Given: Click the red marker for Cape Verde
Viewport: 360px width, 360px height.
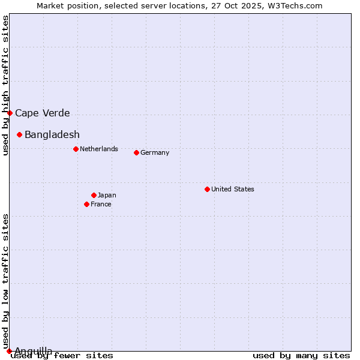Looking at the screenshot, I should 10,113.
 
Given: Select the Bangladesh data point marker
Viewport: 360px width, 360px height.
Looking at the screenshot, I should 19,134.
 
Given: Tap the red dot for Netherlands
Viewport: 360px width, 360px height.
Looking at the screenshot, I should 76,149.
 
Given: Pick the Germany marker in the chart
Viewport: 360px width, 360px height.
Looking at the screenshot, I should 136,152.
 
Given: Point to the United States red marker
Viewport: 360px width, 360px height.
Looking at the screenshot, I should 207,189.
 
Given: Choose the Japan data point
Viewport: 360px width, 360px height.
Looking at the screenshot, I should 94,195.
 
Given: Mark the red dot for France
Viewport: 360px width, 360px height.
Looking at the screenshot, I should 86,204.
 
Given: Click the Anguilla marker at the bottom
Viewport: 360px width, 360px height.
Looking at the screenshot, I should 9,351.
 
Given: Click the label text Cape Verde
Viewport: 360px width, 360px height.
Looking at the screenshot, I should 43,113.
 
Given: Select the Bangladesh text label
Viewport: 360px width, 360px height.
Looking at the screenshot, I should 52,134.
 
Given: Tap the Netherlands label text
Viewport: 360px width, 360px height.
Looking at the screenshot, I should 99,149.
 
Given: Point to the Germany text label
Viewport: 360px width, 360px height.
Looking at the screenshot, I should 155,152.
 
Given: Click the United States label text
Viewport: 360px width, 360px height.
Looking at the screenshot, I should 233,189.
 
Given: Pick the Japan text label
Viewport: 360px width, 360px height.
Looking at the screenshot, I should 107,195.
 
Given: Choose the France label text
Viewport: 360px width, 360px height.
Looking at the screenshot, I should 101,204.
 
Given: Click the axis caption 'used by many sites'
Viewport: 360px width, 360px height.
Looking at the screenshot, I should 301,355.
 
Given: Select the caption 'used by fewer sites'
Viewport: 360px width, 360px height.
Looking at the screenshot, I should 62,355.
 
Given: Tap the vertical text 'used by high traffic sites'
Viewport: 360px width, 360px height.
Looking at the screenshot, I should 5,85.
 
